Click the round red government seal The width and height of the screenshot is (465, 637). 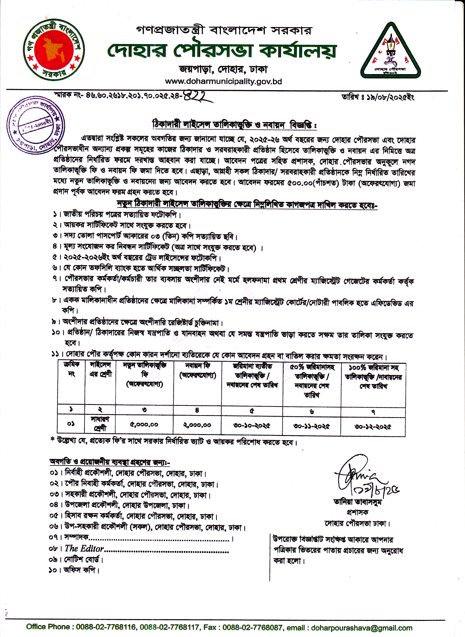54,50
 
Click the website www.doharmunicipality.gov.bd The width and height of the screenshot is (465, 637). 223,82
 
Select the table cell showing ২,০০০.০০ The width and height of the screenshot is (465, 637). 197,425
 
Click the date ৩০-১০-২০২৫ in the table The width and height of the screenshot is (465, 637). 252,425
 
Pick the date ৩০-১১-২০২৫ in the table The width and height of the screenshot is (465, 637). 311,426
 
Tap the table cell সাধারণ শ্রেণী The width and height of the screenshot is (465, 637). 100,424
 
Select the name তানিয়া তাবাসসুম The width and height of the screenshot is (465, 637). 357,502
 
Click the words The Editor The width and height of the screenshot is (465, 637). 84,548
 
